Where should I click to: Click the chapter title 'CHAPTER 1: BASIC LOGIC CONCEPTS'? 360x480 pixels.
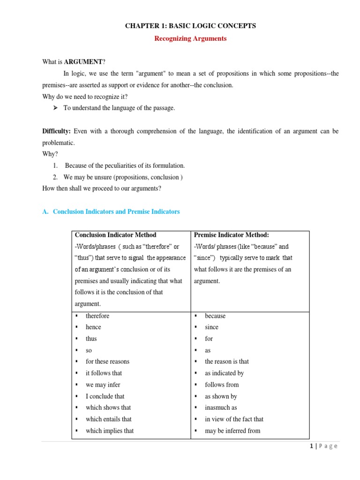coord(190,26)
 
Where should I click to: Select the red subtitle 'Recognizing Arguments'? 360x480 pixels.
coord(190,39)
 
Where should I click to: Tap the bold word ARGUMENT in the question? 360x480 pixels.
coord(84,62)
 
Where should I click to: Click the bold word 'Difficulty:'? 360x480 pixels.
coord(57,131)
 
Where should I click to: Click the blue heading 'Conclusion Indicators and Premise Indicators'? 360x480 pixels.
coord(116,212)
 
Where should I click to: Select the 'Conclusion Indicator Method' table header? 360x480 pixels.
coord(115,235)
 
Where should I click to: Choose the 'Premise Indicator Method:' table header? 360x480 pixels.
coord(231,235)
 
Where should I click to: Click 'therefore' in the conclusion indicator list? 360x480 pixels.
coord(97,316)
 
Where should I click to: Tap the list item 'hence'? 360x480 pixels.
coord(93,327)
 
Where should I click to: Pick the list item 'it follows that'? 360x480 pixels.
coord(104,373)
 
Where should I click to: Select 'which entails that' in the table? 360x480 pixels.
coord(109,419)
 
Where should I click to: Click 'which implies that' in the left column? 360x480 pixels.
coord(110,431)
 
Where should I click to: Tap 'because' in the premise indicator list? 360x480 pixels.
coord(215,316)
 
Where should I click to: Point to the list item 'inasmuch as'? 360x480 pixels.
coord(221,408)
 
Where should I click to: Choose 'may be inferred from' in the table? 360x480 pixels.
coord(232,431)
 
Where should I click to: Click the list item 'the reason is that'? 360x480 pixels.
coord(227,361)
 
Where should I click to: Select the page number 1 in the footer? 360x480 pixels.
coord(312,446)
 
